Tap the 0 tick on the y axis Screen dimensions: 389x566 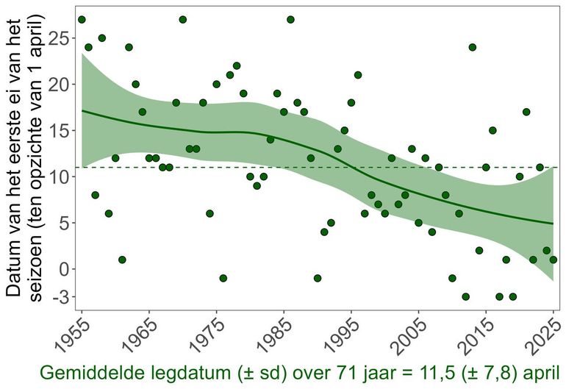point(65,269)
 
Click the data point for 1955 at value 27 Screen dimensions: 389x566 point(82,20)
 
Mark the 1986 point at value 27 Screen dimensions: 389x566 point(290,20)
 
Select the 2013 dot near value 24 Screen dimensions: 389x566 point(472,47)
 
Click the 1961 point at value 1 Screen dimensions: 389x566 point(122,260)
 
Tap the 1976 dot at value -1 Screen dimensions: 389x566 point(223,278)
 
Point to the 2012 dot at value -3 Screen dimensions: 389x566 point(465,296)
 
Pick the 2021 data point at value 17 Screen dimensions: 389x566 point(526,112)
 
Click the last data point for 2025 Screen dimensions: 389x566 point(553,260)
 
